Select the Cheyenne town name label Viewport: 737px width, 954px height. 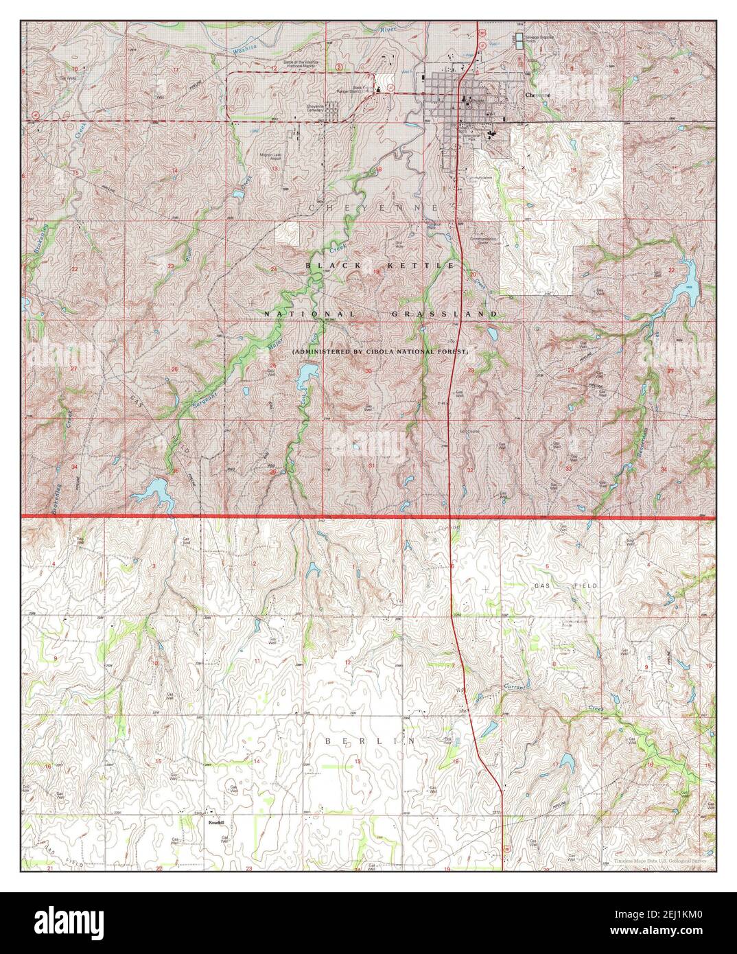[x=539, y=95]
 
